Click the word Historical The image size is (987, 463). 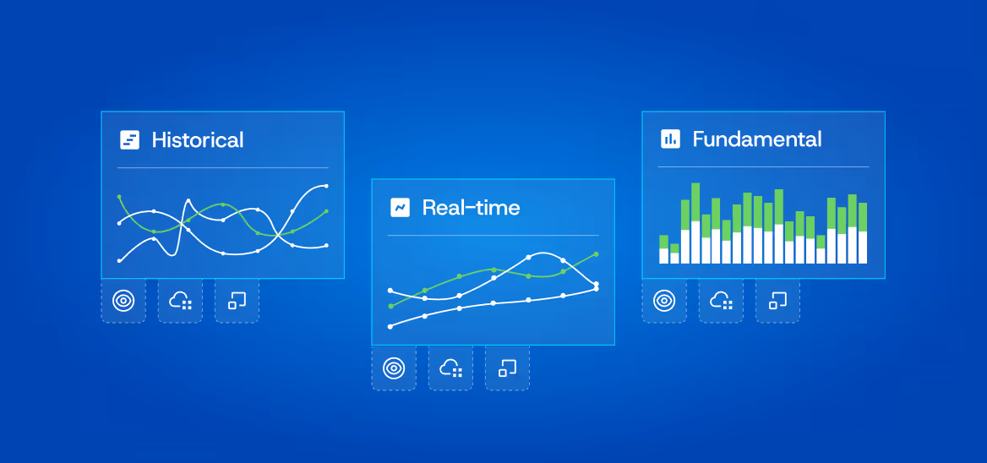(x=198, y=140)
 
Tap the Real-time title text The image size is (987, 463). (x=471, y=208)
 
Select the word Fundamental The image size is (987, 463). (x=756, y=139)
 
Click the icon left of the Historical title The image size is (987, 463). (x=129, y=140)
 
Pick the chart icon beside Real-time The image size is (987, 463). (x=400, y=208)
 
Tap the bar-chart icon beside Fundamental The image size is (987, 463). (x=670, y=139)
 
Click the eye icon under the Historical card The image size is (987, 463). (x=123, y=301)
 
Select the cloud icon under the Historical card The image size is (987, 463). (x=180, y=301)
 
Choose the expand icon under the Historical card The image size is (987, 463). (x=237, y=301)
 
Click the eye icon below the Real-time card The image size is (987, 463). (x=394, y=368)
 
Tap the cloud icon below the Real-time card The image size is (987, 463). (x=450, y=368)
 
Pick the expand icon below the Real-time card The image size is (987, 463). (x=507, y=368)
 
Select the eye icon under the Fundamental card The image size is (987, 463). (x=664, y=301)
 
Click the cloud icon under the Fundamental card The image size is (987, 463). (x=721, y=301)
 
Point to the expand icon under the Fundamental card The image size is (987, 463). (x=777, y=301)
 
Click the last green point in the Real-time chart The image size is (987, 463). (x=597, y=253)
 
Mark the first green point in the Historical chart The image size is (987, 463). (x=119, y=196)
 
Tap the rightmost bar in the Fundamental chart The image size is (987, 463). (x=863, y=233)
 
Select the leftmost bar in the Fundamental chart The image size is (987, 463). (x=663, y=249)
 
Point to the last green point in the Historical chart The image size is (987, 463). (x=326, y=211)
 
